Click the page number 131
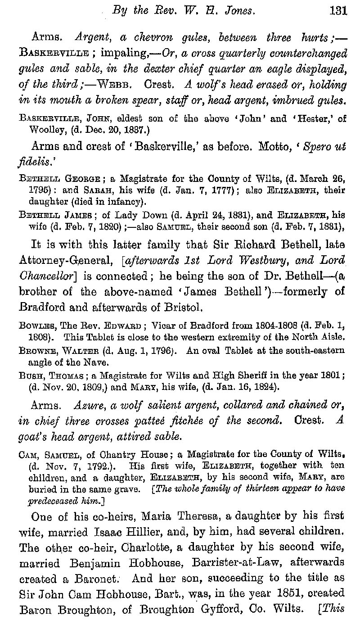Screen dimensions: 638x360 coord(338,10)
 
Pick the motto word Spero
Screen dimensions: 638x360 coord(318,147)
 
